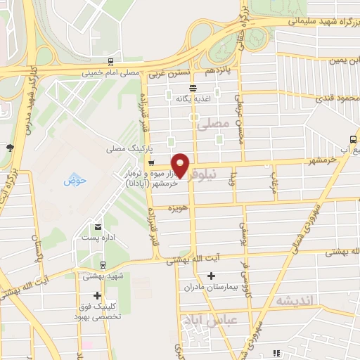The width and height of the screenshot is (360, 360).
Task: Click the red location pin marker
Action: coord(181,165)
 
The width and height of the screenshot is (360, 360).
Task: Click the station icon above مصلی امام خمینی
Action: coord(111,62)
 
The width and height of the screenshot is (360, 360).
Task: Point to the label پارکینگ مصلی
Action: coord(126,149)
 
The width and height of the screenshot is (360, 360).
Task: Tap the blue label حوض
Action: coord(74,181)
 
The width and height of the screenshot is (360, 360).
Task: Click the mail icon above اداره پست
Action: coord(97,226)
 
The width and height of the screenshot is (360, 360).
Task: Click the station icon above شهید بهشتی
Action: coord(103,265)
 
